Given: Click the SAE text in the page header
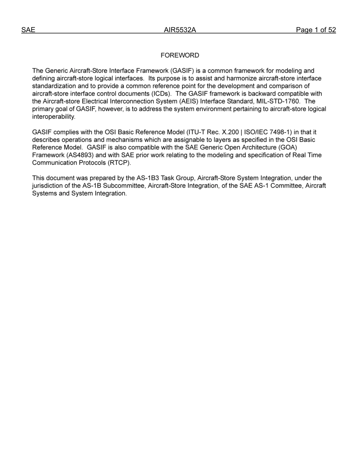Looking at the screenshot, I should click(x=28, y=30).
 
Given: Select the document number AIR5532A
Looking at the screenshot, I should click(x=180, y=30).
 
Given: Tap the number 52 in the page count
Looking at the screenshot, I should click(x=332, y=30).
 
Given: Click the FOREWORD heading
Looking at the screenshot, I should click(x=180, y=56).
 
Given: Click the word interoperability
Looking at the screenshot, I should click(x=53, y=117).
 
